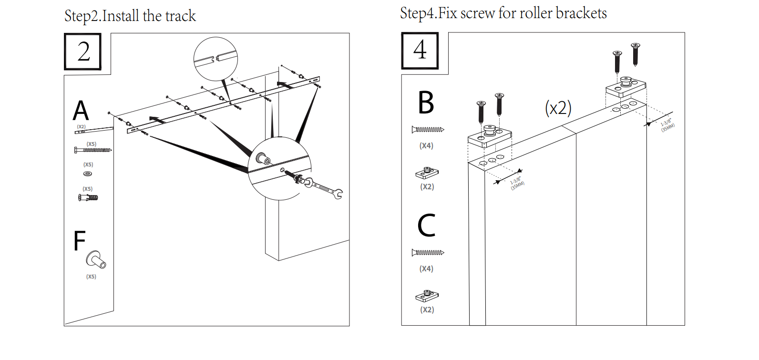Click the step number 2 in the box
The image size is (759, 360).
point(84,51)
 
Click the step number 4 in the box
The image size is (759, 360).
point(420,50)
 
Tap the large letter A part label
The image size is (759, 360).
point(81,111)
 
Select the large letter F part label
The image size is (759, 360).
point(79,240)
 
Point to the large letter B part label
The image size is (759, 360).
point(426,103)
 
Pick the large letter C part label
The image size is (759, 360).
point(426,225)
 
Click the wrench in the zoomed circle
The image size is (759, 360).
point(324,187)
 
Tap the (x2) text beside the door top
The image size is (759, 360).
point(558,108)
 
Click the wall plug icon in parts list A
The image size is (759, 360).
point(88,197)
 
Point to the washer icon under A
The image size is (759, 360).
point(87,174)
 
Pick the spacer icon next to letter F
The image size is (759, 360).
point(96,260)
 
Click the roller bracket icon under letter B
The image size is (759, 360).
point(427,173)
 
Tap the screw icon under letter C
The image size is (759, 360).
point(428,253)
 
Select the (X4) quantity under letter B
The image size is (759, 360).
point(426,146)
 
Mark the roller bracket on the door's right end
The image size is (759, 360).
point(626,87)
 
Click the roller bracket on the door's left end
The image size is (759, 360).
point(490,136)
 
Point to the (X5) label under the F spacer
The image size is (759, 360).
point(91,277)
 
